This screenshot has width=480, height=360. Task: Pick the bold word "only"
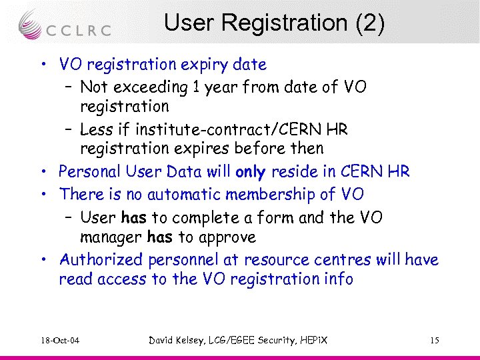point(251,171)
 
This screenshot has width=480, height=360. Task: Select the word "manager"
point(111,237)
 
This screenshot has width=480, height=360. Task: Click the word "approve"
point(225,237)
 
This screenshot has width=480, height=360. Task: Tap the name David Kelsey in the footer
point(178,341)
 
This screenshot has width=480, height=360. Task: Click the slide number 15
point(435,341)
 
